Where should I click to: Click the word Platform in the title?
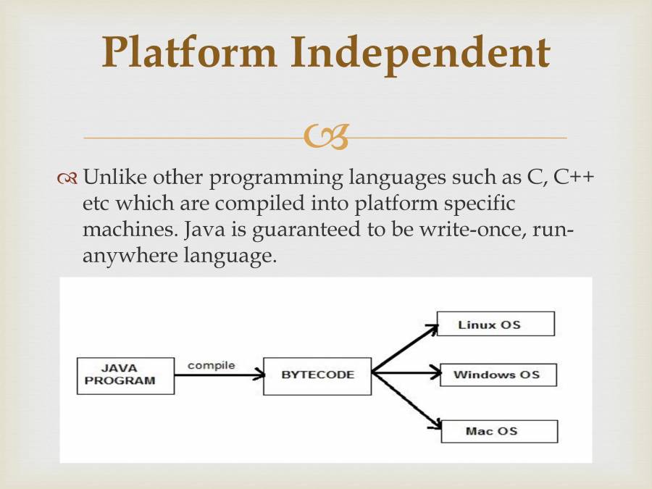[190, 52]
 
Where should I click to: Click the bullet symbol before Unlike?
[68, 178]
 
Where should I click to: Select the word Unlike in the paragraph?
[117, 177]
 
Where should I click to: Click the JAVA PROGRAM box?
[125, 375]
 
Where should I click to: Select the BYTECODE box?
[317, 375]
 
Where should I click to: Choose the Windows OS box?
[498, 375]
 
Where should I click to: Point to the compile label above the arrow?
[211, 365]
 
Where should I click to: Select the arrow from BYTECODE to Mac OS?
[406, 401]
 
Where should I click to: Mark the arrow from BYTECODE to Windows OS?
[406, 374]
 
